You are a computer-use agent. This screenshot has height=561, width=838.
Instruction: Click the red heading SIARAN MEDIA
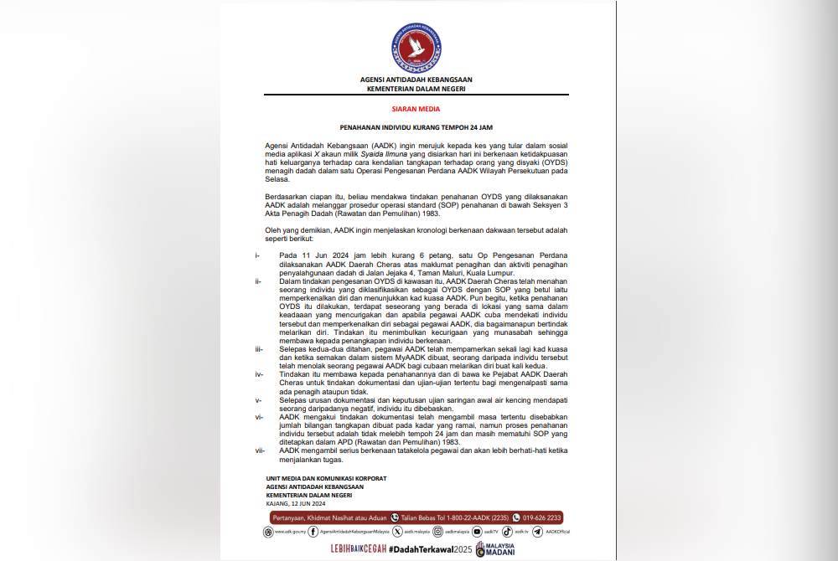click(416, 109)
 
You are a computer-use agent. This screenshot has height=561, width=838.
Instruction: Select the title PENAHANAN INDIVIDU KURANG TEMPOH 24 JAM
click(416, 127)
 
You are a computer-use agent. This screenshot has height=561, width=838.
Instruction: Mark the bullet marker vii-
click(260, 450)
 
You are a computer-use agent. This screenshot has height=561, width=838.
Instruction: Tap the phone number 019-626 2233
click(543, 517)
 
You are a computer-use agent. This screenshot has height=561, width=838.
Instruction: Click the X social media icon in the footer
click(397, 531)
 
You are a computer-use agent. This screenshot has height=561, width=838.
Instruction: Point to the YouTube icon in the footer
click(477, 531)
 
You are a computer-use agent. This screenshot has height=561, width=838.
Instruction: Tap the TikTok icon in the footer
click(508, 531)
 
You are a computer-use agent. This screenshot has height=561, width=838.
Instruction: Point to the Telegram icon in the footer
click(538, 531)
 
